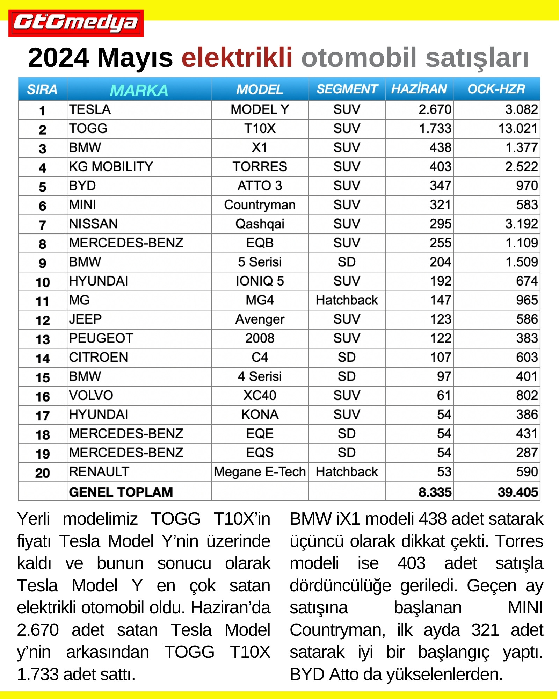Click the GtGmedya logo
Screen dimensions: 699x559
(x=76, y=23)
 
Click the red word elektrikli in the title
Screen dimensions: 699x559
(x=237, y=58)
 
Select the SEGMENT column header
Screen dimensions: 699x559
(x=347, y=89)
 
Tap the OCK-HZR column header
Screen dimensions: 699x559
(x=496, y=89)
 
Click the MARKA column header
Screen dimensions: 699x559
(x=139, y=90)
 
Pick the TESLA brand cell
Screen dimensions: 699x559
(x=90, y=110)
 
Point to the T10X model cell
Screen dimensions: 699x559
(x=260, y=129)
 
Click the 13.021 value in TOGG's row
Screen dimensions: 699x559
(x=517, y=129)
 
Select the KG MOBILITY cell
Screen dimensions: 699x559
(x=111, y=167)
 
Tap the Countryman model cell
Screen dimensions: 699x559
(x=260, y=205)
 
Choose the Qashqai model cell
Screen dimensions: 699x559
(x=260, y=224)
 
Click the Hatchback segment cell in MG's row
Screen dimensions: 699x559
(x=347, y=300)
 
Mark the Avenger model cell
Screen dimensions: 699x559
(x=260, y=319)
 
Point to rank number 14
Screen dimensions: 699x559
(x=42, y=358)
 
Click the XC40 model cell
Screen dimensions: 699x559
(x=260, y=396)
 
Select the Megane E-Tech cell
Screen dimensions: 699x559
(x=260, y=472)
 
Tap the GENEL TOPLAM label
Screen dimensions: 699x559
(x=121, y=492)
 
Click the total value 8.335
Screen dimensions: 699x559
(x=435, y=492)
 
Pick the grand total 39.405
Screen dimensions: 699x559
(x=517, y=492)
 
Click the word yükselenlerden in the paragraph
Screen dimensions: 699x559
(x=444, y=675)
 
